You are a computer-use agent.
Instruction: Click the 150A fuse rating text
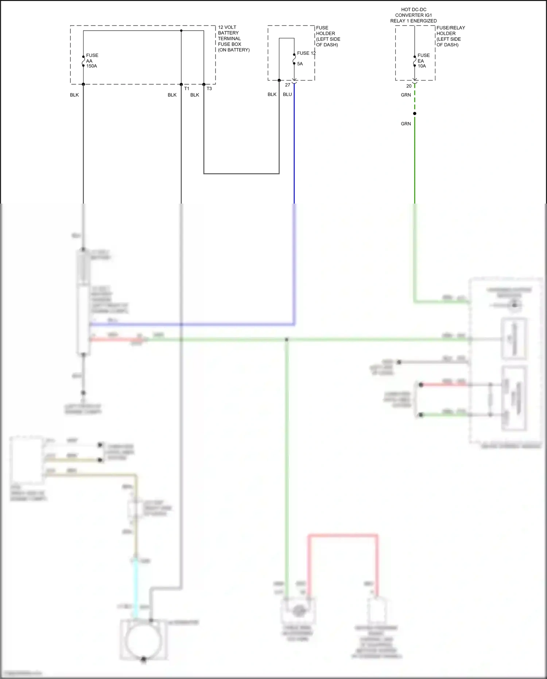tap(92, 66)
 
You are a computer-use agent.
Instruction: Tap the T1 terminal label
tap(187, 89)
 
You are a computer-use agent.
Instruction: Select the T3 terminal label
tap(209, 89)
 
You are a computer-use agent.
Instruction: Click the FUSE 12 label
tap(306, 53)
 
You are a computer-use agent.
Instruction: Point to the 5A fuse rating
tap(300, 64)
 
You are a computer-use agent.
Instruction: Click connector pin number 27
tap(287, 85)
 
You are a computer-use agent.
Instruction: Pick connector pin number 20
tap(409, 86)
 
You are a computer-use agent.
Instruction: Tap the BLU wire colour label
tap(287, 94)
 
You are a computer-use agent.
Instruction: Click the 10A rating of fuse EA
tap(422, 66)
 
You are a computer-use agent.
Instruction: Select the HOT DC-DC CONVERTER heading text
tap(414, 15)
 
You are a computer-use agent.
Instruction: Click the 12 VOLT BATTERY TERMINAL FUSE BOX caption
tap(233, 38)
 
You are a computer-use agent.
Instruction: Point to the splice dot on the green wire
tap(415, 113)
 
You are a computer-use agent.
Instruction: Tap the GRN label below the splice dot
tap(406, 124)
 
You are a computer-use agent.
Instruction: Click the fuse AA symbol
tap(84, 61)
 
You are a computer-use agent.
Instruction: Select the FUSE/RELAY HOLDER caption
tap(450, 36)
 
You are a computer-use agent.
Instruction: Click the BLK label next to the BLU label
tap(272, 94)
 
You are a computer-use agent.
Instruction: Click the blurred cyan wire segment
tap(136, 587)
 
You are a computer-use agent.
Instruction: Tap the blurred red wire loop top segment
tap(343, 536)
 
